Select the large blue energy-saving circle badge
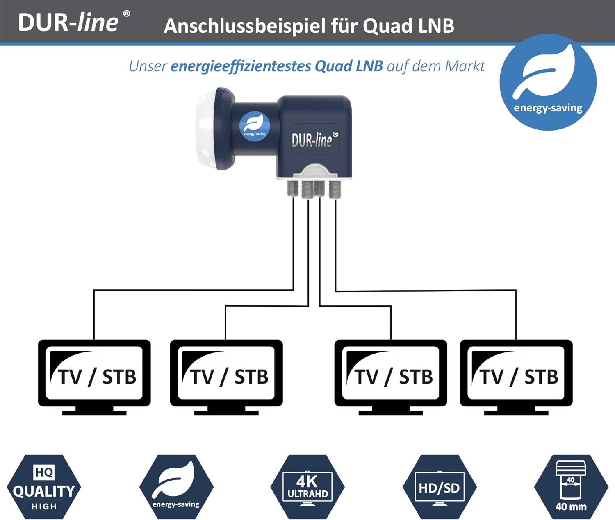click(548, 82)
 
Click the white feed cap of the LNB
click(206, 128)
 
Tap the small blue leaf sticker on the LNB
click(255, 126)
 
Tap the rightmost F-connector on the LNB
click(335, 189)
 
